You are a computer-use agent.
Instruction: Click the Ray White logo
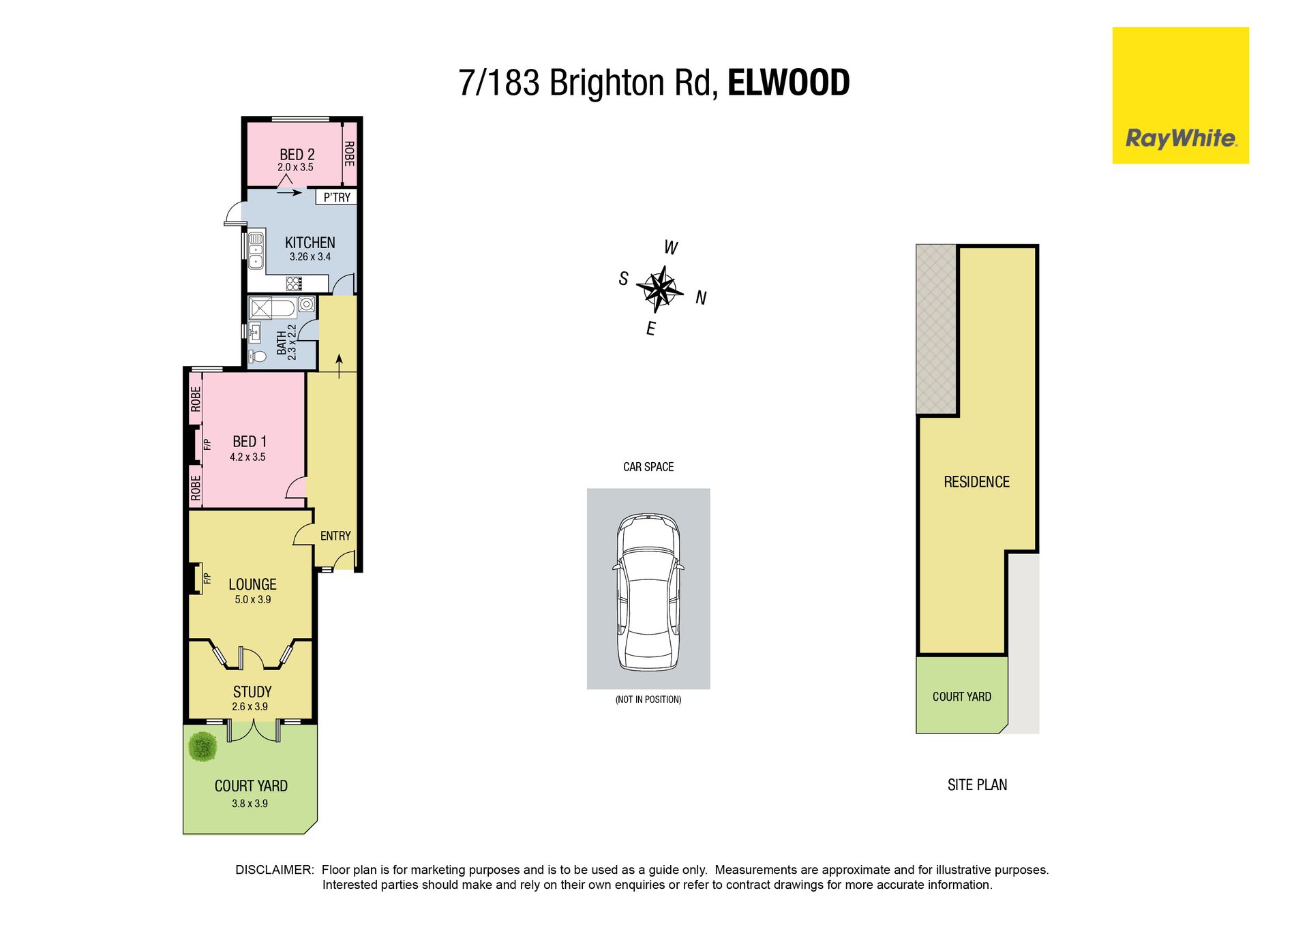1180,95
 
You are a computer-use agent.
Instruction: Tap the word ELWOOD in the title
788,82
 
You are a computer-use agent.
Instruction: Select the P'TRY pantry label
337,197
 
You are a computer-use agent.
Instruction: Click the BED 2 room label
297,155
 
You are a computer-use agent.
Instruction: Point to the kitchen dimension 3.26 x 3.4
310,257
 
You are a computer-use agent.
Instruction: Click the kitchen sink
256,250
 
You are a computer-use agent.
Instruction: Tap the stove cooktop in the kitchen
294,284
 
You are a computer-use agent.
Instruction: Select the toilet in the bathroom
258,356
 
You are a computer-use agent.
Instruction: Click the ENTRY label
335,536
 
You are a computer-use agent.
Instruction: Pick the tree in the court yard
202,746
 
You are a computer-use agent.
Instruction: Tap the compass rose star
659,289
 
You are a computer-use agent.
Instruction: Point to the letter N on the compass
701,298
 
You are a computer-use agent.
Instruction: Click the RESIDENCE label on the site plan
976,482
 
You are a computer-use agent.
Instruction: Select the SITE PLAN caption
977,785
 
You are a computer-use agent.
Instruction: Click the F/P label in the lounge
207,579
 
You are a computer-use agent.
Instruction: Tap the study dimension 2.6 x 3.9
250,707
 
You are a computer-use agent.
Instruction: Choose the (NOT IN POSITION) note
648,699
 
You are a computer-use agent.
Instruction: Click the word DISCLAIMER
274,870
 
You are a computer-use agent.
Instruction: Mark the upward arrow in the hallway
339,365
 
